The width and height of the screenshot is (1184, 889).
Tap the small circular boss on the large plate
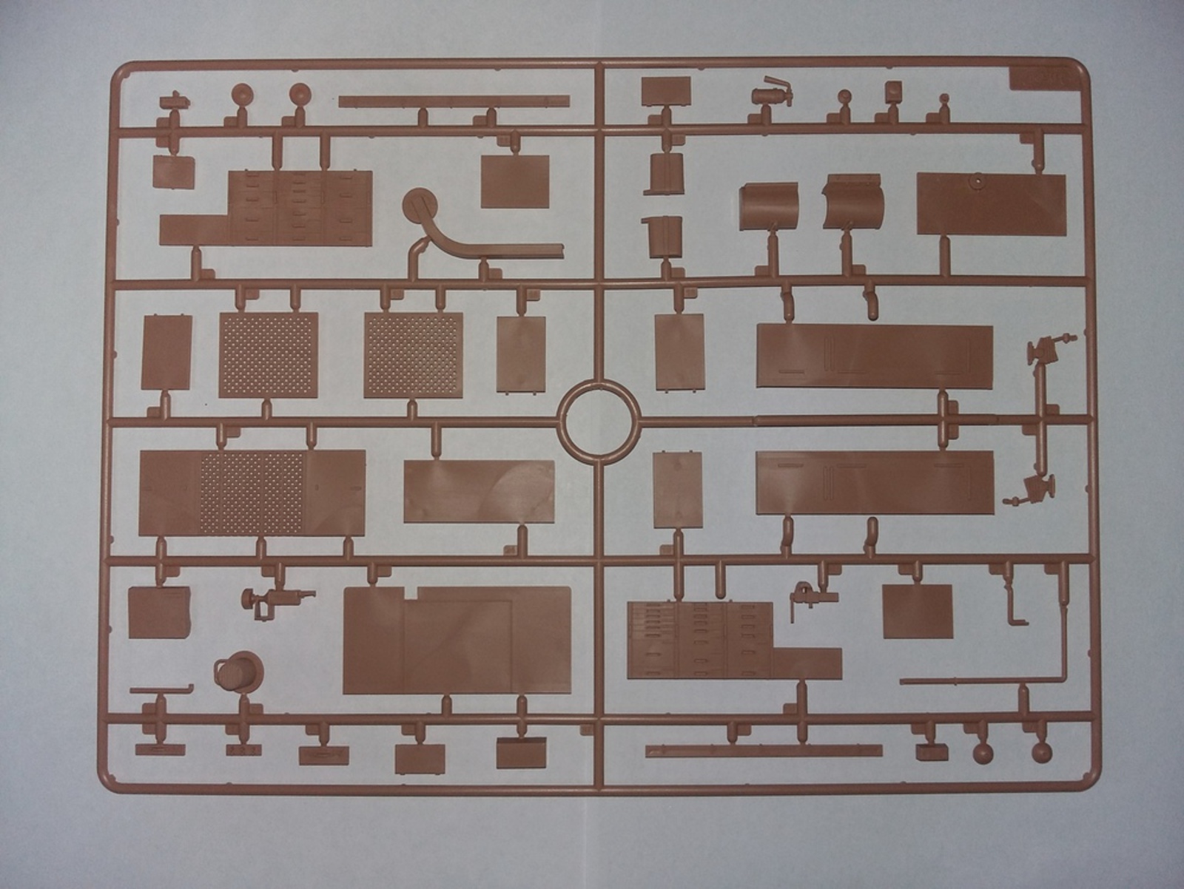click(978, 180)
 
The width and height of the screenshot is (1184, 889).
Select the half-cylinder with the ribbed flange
click(852, 201)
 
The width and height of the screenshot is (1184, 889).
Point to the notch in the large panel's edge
click(409, 592)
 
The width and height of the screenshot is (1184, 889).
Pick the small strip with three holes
click(244, 751)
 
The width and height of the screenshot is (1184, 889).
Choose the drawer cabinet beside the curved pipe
click(299, 207)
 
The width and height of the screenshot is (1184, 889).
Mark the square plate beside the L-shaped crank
click(918, 610)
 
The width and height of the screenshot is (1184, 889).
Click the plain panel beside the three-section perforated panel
click(479, 491)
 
